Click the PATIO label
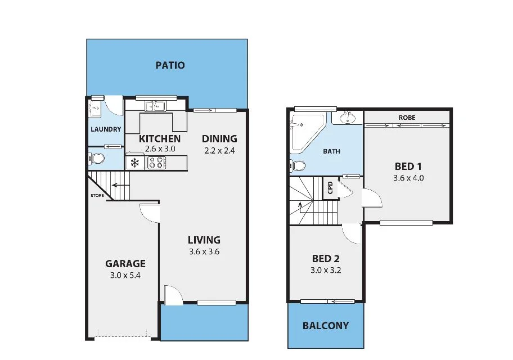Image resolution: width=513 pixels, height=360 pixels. [x=170, y=65]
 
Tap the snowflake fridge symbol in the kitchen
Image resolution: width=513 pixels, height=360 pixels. [x=135, y=163]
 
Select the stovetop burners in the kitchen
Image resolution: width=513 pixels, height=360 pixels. [x=156, y=163]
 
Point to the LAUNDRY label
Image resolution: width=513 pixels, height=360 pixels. [x=106, y=129]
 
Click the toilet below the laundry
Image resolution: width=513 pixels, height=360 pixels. [x=97, y=159]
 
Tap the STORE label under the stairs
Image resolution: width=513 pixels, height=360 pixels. [x=97, y=196]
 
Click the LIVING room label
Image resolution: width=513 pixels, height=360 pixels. [x=204, y=240]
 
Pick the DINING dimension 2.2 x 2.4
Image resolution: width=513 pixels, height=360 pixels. [x=219, y=150]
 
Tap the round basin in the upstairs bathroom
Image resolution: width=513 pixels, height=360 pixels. [x=347, y=118]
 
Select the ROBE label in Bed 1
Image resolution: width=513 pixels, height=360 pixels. [x=407, y=118]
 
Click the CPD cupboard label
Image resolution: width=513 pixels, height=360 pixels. [x=330, y=188]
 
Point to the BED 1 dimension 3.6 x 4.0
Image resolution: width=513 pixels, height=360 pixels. [x=408, y=178]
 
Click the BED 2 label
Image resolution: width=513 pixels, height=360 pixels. [x=326, y=259]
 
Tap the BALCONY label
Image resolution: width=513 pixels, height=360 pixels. [x=325, y=326]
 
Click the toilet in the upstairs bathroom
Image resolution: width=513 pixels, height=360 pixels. [x=298, y=166]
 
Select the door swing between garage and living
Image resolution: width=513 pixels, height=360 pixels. [x=150, y=213]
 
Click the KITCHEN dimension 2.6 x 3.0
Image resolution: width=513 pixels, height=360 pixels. [x=160, y=149]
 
